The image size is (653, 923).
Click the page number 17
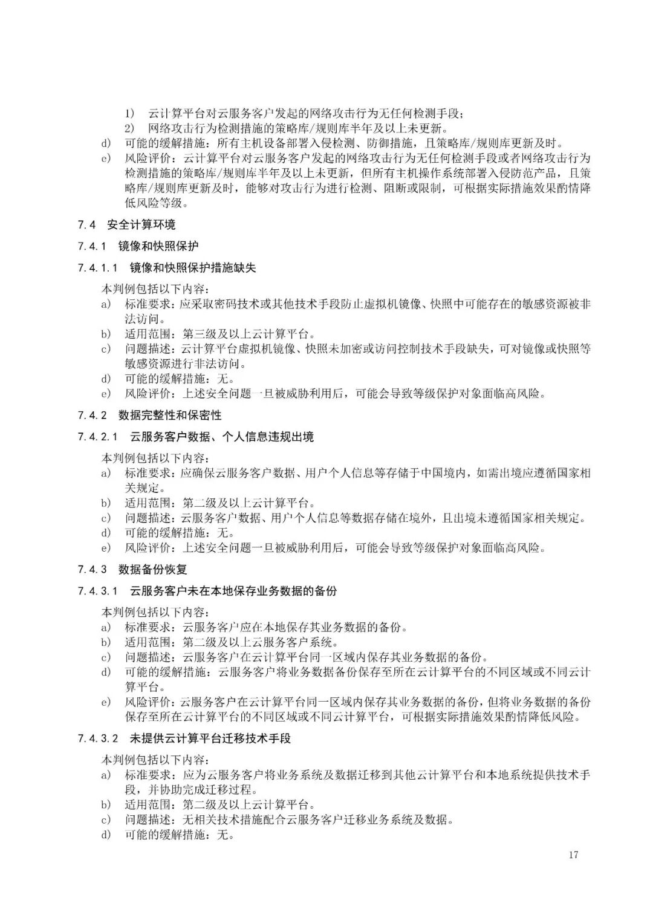pyautogui.click(x=573, y=855)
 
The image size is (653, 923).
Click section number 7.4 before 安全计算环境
pyautogui.click(x=87, y=225)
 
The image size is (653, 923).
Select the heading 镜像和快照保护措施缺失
pyautogui.click(x=193, y=267)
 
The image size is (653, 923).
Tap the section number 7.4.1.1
pyautogui.click(x=97, y=267)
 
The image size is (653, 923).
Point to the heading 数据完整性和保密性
pyautogui.click(x=170, y=416)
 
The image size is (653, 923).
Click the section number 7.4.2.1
pyautogui.click(x=97, y=437)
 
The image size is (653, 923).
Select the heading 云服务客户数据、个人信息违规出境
pyautogui.click(x=222, y=437)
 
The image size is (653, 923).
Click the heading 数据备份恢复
pyautogui.click(x=153, y=570)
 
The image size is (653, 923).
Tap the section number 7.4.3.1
pyautogui.click(x=97, y=591)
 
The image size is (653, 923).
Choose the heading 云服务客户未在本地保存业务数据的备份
pyautogui.click(x=233, y=591)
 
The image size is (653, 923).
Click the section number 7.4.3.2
pyautogui.click(x=97, y=739)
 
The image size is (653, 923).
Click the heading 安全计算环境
pyautogui.click(x=141, y=225)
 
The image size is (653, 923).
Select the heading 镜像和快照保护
pyautogui.click(x=158, y=246)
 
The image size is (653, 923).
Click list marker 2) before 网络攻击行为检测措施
pyautogui.click(x=131, y=128)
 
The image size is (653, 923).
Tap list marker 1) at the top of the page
pyautogui.click(x=131, y=113)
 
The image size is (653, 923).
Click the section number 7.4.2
pyautogui.click(x=92, y=416)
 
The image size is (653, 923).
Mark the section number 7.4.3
pyautogui.click(x=92, y=570)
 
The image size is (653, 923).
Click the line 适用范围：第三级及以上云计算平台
pyautogui.click(x=220, y=334)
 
